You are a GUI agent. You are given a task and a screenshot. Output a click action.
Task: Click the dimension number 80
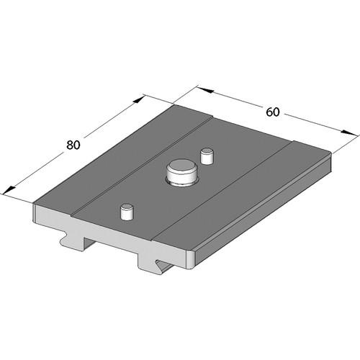pos(73,144)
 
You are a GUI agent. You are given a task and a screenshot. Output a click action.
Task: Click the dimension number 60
pos(273,112)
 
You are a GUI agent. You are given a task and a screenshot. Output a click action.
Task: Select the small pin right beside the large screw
pos(208,154)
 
